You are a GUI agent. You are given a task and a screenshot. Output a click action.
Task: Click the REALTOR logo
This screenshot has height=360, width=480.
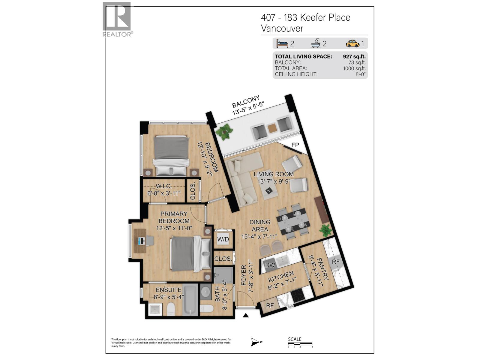[x=117, y=19]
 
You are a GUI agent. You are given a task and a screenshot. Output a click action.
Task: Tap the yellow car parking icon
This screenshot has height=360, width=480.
[x=352, y=43]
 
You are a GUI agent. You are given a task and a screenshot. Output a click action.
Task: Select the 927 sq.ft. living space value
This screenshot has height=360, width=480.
[x=354, y=56]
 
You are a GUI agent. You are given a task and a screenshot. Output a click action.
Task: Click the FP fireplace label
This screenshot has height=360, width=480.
[x=295, y=145]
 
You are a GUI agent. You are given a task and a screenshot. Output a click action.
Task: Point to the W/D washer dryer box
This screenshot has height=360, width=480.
[x=223, y=239]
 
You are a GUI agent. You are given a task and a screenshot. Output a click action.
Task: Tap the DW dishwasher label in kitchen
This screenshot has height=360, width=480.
[x=270, y=265]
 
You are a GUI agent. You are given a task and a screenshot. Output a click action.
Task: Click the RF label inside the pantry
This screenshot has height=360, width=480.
[x=335, y=262]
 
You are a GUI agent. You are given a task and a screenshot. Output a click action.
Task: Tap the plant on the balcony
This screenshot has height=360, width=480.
[x=224, y=132]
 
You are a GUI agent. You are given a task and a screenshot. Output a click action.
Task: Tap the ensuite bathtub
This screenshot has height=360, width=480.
[x=190, y=300]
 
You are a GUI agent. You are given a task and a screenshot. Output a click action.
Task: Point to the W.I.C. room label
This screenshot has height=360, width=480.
[x=164, y=186]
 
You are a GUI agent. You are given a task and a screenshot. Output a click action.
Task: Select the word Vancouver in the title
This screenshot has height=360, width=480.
[x=282, y=28]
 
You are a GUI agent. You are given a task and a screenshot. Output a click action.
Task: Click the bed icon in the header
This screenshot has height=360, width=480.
[x=282, y=43]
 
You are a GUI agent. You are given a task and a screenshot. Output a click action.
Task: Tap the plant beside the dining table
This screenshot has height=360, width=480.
[x=325, y=230]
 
